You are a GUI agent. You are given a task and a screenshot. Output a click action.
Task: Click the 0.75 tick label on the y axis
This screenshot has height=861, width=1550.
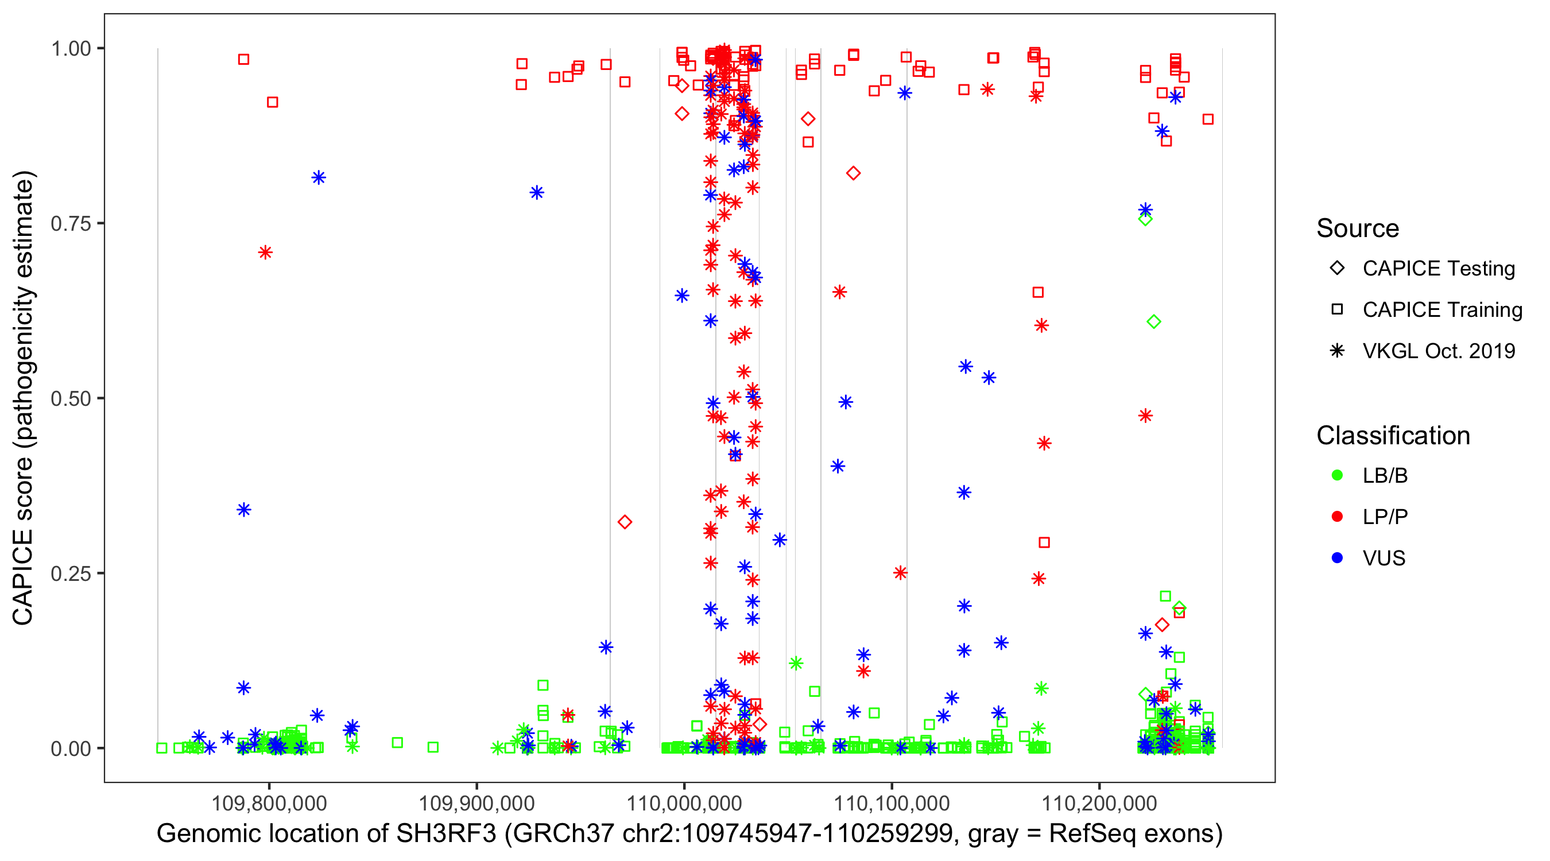click(70, 223)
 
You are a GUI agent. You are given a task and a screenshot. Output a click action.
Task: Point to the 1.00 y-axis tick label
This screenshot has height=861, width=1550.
click(70, 48)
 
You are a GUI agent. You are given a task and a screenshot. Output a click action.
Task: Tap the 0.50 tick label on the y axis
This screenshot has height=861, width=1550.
click(70, 398)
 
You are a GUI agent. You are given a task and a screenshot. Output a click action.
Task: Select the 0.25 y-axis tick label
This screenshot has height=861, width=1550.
click(70, 573)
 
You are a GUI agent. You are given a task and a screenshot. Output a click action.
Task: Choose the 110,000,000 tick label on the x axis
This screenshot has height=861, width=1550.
click(684, 802)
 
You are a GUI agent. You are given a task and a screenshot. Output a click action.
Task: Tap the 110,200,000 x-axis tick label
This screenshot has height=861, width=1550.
click(1099, 802)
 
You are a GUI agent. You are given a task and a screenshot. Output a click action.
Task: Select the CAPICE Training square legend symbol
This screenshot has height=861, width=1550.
click(1337, 309)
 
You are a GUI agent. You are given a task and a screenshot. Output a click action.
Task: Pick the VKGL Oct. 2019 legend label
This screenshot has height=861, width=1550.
click(1438, 351)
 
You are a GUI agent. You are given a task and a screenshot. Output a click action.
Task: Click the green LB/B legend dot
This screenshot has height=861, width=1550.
click(1337, 475)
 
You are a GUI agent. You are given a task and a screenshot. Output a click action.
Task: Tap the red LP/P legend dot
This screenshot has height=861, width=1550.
click(1337, 517)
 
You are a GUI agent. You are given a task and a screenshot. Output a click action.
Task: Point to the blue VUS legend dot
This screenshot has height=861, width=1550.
click(1337, 559)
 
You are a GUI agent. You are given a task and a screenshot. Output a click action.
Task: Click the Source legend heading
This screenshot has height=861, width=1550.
click(1358, 228)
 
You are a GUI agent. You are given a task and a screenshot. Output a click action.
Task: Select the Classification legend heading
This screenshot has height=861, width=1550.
click(1393, 436)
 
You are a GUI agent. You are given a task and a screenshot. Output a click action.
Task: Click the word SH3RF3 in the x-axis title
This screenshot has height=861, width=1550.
click(446, 834)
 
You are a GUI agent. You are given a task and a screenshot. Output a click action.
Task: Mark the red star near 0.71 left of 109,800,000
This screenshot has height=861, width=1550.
click(265, 253)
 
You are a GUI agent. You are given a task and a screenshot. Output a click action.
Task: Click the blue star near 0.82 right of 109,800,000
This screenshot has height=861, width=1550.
click(318, 177)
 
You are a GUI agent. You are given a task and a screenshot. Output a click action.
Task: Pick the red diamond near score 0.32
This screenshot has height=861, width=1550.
click(625, 522)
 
